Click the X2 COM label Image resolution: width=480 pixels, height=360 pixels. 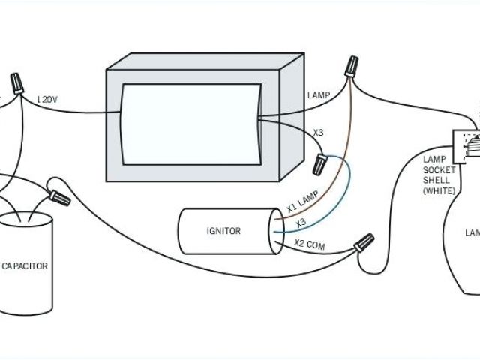tap(310, 244)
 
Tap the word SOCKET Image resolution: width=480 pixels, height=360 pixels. tap(439, 170)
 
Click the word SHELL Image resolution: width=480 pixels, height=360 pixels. tap(439, 181)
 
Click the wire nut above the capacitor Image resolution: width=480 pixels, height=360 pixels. tap(59, 199)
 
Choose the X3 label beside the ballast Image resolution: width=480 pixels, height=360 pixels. tap(319, 133)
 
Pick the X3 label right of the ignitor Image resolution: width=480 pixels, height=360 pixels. tap(301, 223)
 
